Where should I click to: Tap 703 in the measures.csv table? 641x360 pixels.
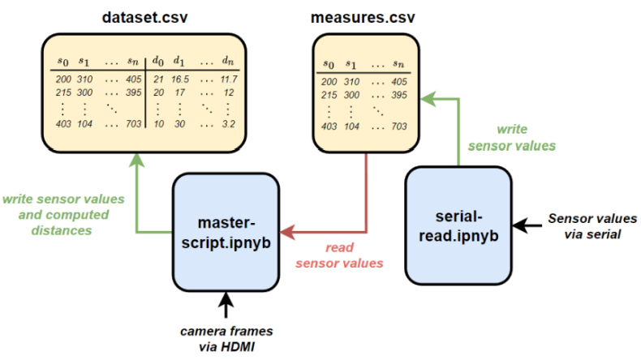pyautogui.click(x=398, y=126)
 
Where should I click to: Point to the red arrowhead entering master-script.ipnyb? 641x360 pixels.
pyautogui.click(x=286, y=234)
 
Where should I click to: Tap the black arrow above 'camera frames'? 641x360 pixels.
pyautogui.click(x=227, y=305)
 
